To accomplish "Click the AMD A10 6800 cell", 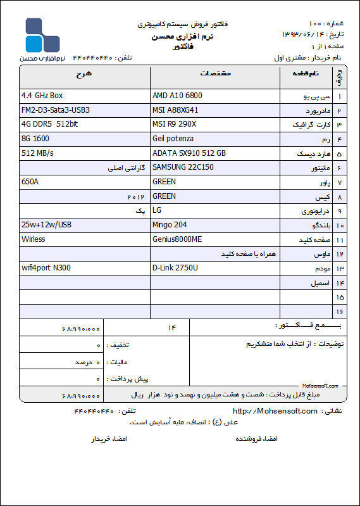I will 178,96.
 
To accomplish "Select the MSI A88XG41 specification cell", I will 180,110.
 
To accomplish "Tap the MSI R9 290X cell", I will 175,124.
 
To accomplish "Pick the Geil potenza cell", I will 173,139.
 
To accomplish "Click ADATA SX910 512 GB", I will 189,153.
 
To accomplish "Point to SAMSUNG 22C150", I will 183,167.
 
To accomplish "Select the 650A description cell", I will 30,182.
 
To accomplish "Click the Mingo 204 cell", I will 171,225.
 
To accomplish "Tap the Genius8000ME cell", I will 177,239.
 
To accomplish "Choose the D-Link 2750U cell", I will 175,268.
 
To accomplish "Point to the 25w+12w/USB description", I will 46,225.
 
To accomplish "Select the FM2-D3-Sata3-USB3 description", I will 56,110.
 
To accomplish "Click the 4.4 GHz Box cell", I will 42,96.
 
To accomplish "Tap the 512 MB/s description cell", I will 37,153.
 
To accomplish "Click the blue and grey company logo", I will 42,36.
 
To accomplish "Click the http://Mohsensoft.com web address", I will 275,411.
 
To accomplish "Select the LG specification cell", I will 158,210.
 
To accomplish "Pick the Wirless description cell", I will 34,239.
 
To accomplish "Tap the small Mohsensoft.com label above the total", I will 320,385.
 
